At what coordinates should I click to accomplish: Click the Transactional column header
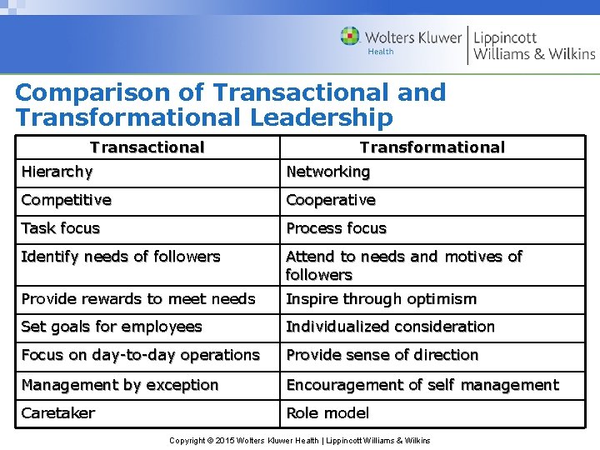click(147, 147)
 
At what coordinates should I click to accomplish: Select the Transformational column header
click(432, 147)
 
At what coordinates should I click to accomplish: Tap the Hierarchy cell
click(57, 172)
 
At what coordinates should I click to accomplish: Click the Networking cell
click(327, 172)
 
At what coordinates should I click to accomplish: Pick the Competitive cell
click(66, 200)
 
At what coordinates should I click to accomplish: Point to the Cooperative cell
click(331, 200)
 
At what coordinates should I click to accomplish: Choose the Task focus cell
click(60, 228)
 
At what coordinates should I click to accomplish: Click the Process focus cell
click(336, 228)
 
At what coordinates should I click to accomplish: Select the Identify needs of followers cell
click(121, 257)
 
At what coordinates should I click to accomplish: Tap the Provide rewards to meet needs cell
click(138, 299)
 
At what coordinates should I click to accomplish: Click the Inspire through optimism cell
click(381, 299)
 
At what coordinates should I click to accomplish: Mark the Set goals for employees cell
click(112, 327)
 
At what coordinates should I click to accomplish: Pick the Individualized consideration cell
click(390, 327)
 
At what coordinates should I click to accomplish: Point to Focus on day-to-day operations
click(140, 355)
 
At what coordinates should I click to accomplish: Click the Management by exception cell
click(120, 385)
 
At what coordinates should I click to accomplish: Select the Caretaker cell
click(57, 413)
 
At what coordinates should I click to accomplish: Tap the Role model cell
click(327, 413)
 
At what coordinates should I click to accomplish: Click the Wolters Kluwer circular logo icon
click(350, 37)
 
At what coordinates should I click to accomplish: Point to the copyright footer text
click(300, 440)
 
